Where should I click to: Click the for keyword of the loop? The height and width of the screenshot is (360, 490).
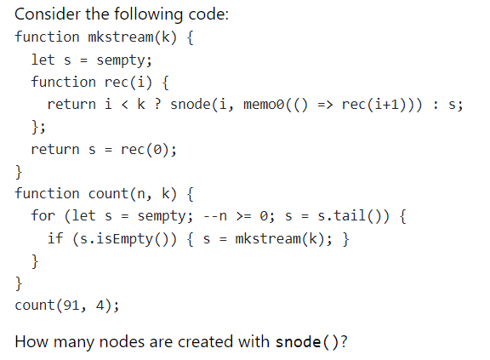point(43,215)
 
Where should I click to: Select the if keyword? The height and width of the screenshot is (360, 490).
point(54,237)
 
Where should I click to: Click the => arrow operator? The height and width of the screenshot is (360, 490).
point(328,105)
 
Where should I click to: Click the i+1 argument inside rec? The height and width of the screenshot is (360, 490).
point(390,105)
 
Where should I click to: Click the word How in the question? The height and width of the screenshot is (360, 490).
point(31,342)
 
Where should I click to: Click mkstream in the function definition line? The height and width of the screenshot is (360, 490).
point(120,37)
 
